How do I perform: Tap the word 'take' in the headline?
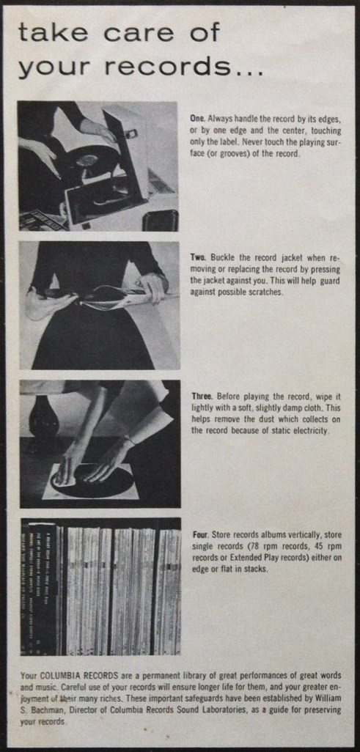coord(49,33)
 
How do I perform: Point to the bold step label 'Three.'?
coord(203,397)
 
